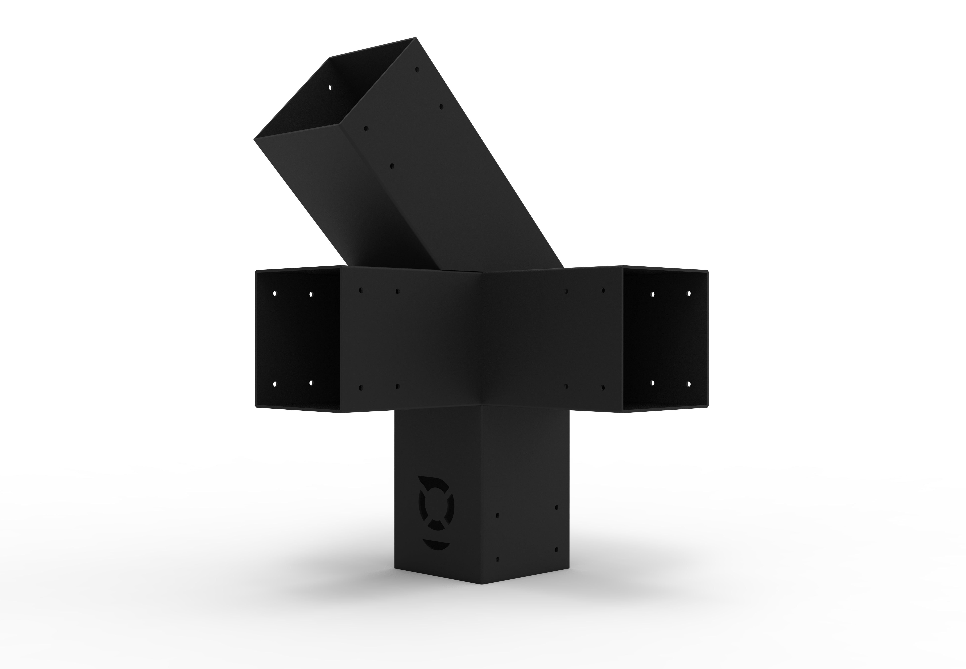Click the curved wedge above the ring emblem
click(x=432, y=480)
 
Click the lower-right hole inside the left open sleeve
click(x=311, y=383)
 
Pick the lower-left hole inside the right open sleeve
click(x=653, y=383)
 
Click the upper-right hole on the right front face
click(x=603, y=290)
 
